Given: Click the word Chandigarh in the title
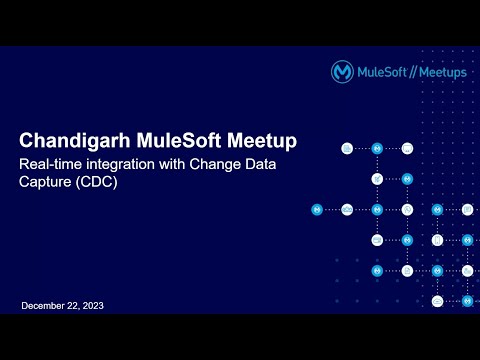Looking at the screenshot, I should pos(68,139).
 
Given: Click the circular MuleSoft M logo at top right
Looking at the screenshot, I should pos(343,72).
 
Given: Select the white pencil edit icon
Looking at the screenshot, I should pos(377,180).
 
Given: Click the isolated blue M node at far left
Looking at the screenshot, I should pos(317,210).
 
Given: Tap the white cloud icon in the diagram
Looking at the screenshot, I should pos(347,210).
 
